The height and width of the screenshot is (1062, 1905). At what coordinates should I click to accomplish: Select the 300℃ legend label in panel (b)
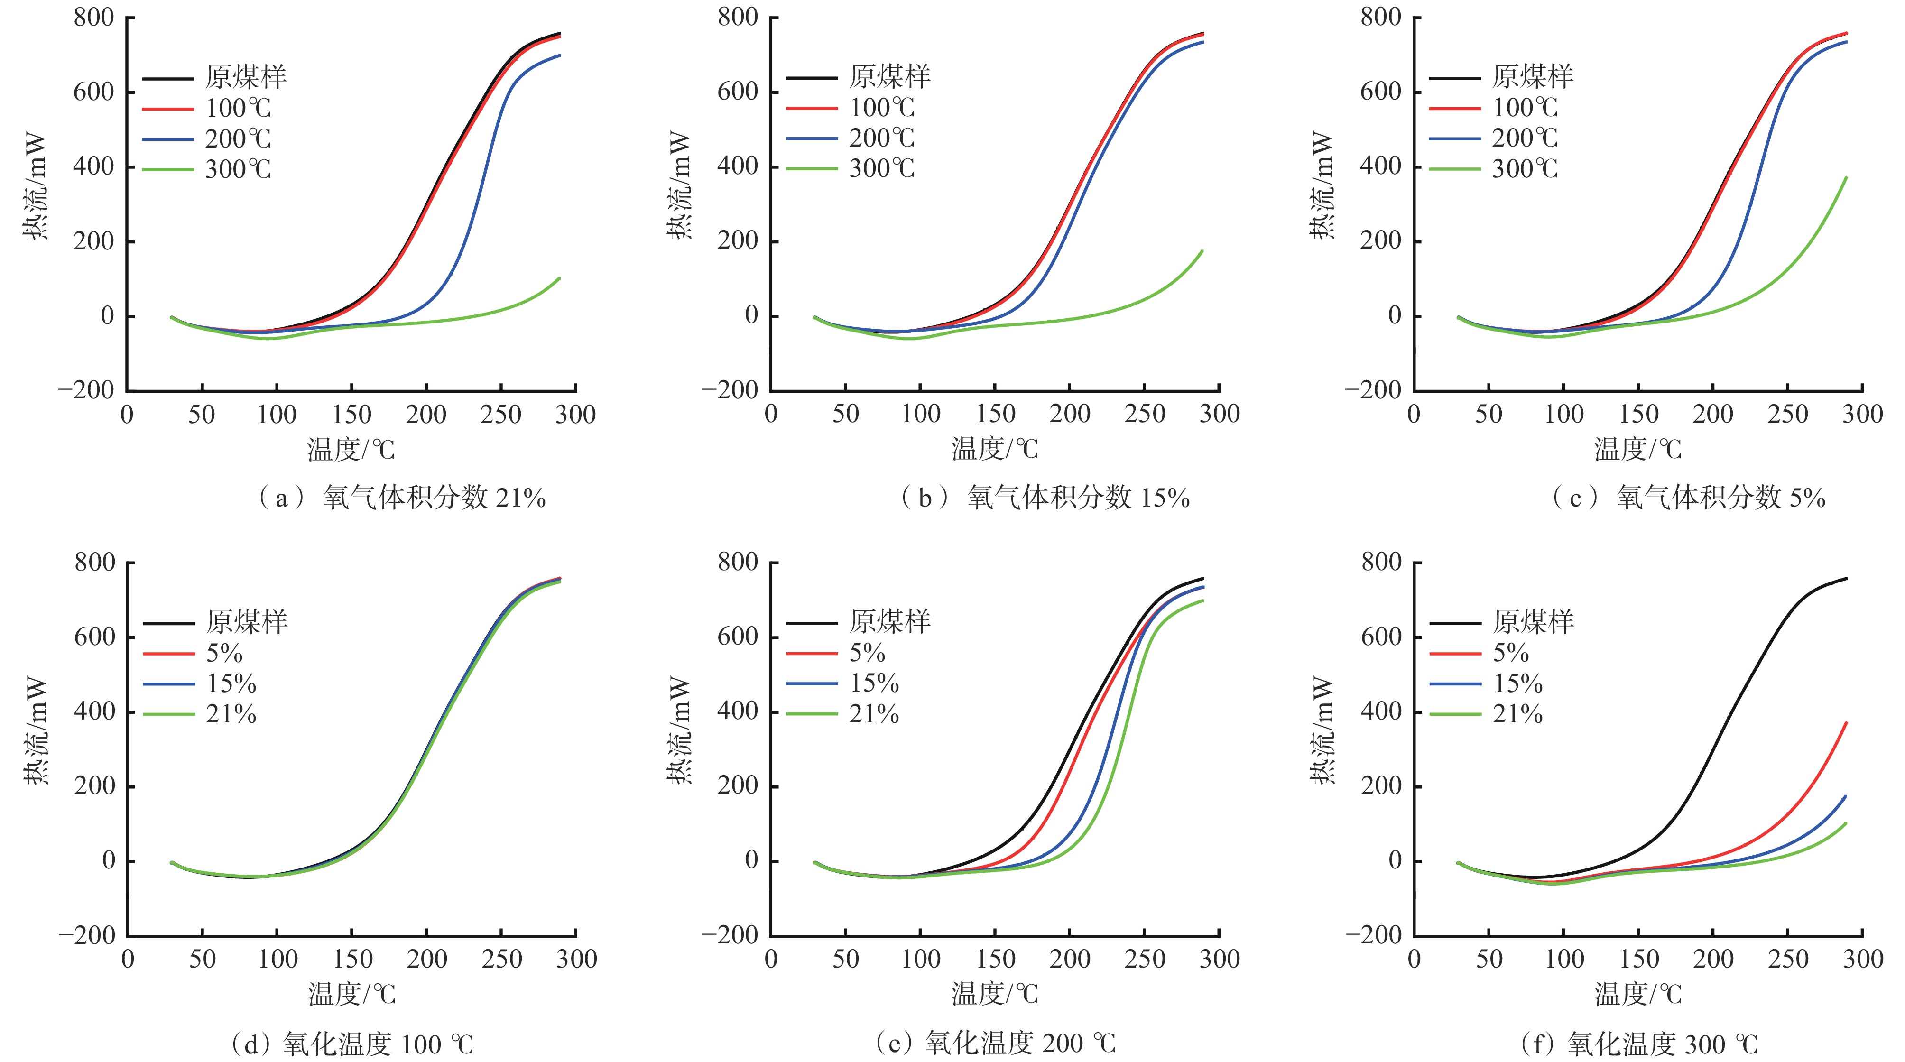coord(881,168)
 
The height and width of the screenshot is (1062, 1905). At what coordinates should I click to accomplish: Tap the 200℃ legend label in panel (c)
coord(1524,139)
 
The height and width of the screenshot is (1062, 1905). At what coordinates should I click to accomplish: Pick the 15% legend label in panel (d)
coord(231,683)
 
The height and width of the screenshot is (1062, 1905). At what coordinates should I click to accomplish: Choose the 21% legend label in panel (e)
coord(874,714)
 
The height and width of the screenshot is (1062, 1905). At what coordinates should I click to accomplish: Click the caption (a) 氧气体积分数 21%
coord(400,498)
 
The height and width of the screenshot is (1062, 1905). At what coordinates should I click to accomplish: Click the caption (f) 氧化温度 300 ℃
coord(1639,1044)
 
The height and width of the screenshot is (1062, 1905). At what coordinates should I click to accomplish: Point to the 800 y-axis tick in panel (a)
coord(94,17)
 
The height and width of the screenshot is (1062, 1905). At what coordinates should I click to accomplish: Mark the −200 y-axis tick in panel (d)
coord(87,935)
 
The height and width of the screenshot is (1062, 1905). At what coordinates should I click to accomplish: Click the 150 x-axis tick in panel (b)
coord(995,414)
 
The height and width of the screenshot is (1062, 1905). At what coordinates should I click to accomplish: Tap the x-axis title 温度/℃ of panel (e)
coord(995,993)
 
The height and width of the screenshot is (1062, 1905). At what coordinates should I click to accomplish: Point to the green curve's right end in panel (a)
coord(559,279)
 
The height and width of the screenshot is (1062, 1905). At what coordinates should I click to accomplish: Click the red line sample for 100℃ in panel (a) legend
coord(168,109)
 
